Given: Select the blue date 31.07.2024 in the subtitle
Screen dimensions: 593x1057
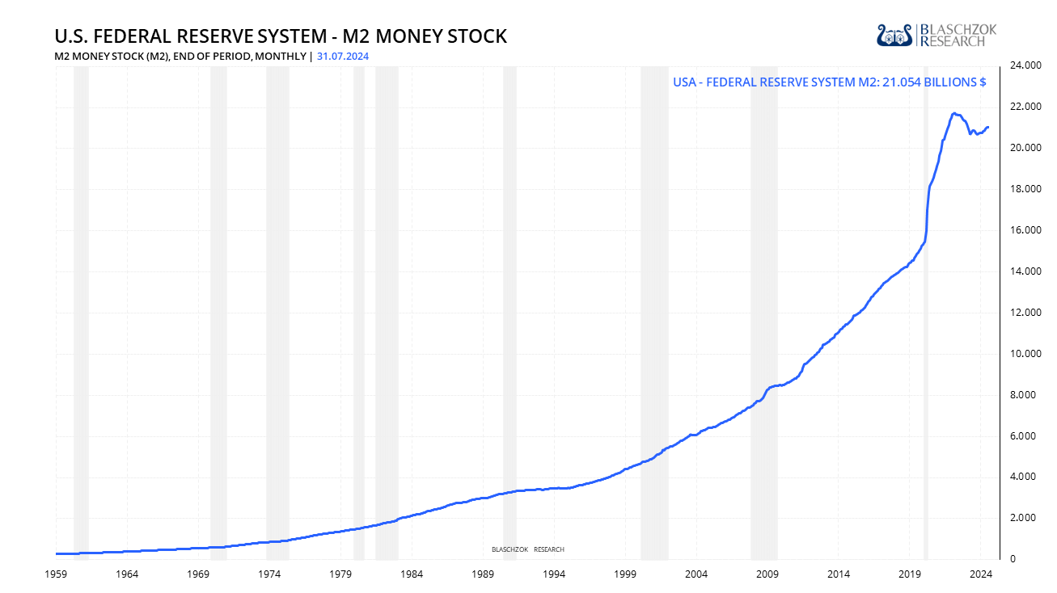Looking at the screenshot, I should [x=343, y=56].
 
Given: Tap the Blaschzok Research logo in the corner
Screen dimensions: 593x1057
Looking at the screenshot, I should [x=937, y=35].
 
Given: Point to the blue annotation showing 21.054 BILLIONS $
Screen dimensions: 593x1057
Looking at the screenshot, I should [x=829, y=82].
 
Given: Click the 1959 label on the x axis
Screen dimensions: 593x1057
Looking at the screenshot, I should [x=56, y=574].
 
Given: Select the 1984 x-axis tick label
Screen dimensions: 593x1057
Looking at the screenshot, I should [x=412, y=574].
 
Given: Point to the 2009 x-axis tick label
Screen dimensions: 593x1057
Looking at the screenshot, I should [x=767, y=574].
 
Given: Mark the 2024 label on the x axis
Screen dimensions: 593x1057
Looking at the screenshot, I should [x=981, y=574].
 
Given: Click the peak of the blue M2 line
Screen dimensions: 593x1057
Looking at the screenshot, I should [x=954, y=113].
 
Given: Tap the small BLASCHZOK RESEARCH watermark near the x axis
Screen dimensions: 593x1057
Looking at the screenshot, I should [x=527, y=549].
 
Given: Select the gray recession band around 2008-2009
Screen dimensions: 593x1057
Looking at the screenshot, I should [x=763, y=323].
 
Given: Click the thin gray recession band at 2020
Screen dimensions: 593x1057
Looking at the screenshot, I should [x=926, y=323].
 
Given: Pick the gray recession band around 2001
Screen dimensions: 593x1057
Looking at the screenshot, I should [x=654, y=323].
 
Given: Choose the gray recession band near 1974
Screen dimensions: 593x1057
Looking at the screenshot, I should [x=277, y=323].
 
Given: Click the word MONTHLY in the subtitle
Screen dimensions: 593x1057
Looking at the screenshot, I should [x=285, y=56].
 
